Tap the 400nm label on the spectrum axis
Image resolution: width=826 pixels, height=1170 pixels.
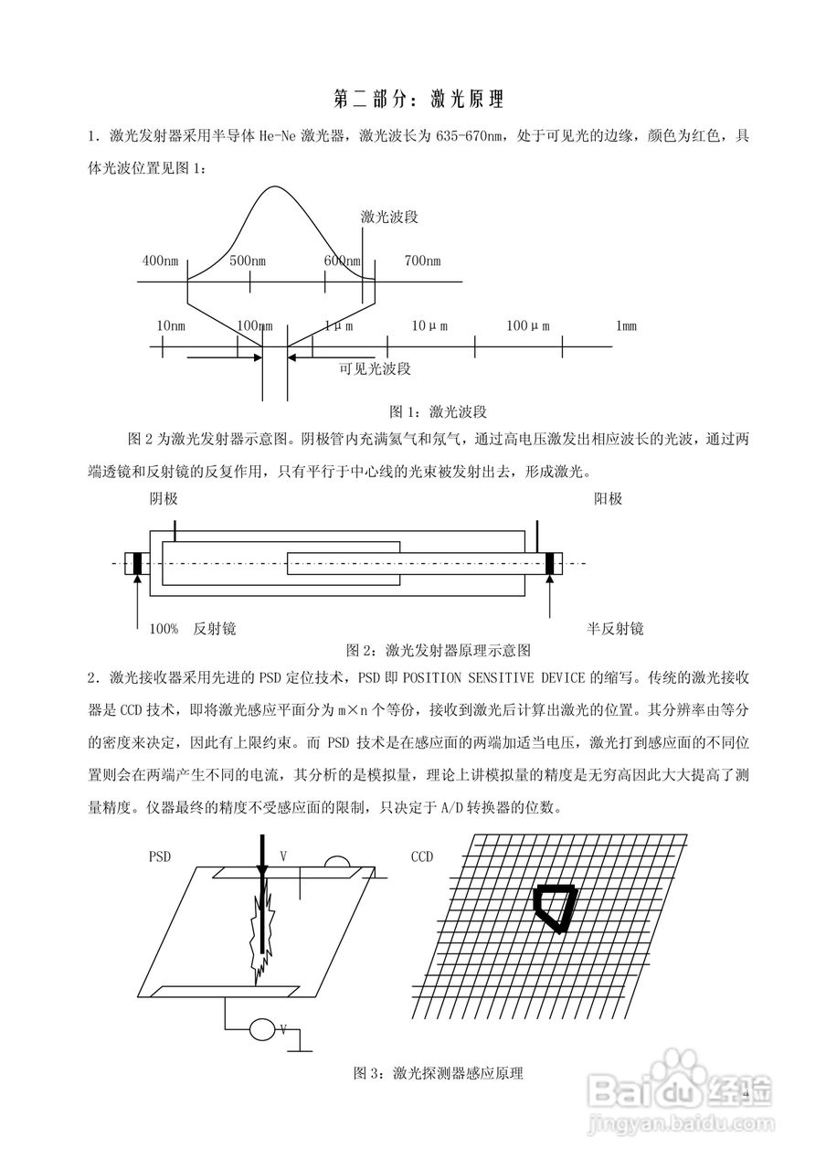pyautogui.click(x=160, y=261)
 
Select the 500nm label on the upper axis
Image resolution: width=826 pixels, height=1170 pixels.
pyautogui.click(x=247, y=261)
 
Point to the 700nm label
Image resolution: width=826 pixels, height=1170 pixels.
pyautogui.click(x=421, y=261)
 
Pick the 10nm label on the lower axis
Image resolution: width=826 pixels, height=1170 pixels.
pyautogui.click(x=171, y=326)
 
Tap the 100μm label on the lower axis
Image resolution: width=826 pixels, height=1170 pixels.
pyautogui.click(x=528, y=326)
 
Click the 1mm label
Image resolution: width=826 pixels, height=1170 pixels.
pyautogui.click(x=626, y=326)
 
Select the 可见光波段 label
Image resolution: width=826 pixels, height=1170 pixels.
pyautogui.click(x=375, y=369)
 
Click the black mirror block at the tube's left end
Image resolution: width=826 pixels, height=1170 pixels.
pyautogui.click(x=137, y=563)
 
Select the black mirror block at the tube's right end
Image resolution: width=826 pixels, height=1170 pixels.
pyautogui.click(x=550, y=563)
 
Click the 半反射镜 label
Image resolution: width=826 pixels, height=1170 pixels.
pyautogui.click(x=615, y=629)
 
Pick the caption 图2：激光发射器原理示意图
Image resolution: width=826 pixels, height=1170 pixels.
pyautogui.click(x=439, y=651)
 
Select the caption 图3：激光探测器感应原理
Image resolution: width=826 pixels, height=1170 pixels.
pyautogui.click(x=438, y=1073)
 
